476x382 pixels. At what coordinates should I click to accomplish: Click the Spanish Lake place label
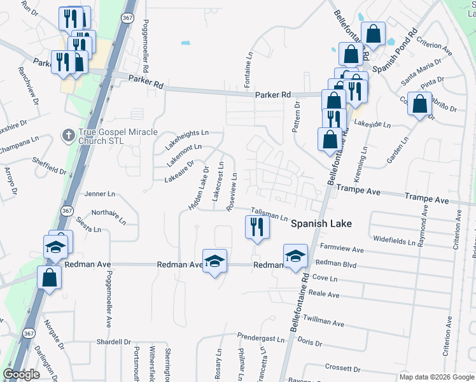(322, 224)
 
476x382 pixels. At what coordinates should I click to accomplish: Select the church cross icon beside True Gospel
(68, 135)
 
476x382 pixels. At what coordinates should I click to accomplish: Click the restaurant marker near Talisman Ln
(256, 228)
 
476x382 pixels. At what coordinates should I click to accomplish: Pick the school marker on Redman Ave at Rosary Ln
(215, 261)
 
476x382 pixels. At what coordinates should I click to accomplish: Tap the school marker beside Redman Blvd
(295, 257)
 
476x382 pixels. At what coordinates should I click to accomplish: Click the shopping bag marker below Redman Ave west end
(49, 278)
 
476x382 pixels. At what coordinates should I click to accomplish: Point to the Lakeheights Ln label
(187, 132)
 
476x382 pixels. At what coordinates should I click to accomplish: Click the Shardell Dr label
(113, 342)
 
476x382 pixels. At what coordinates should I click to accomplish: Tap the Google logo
(21, 374)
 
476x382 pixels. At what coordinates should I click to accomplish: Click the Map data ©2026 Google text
(436, 377)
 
